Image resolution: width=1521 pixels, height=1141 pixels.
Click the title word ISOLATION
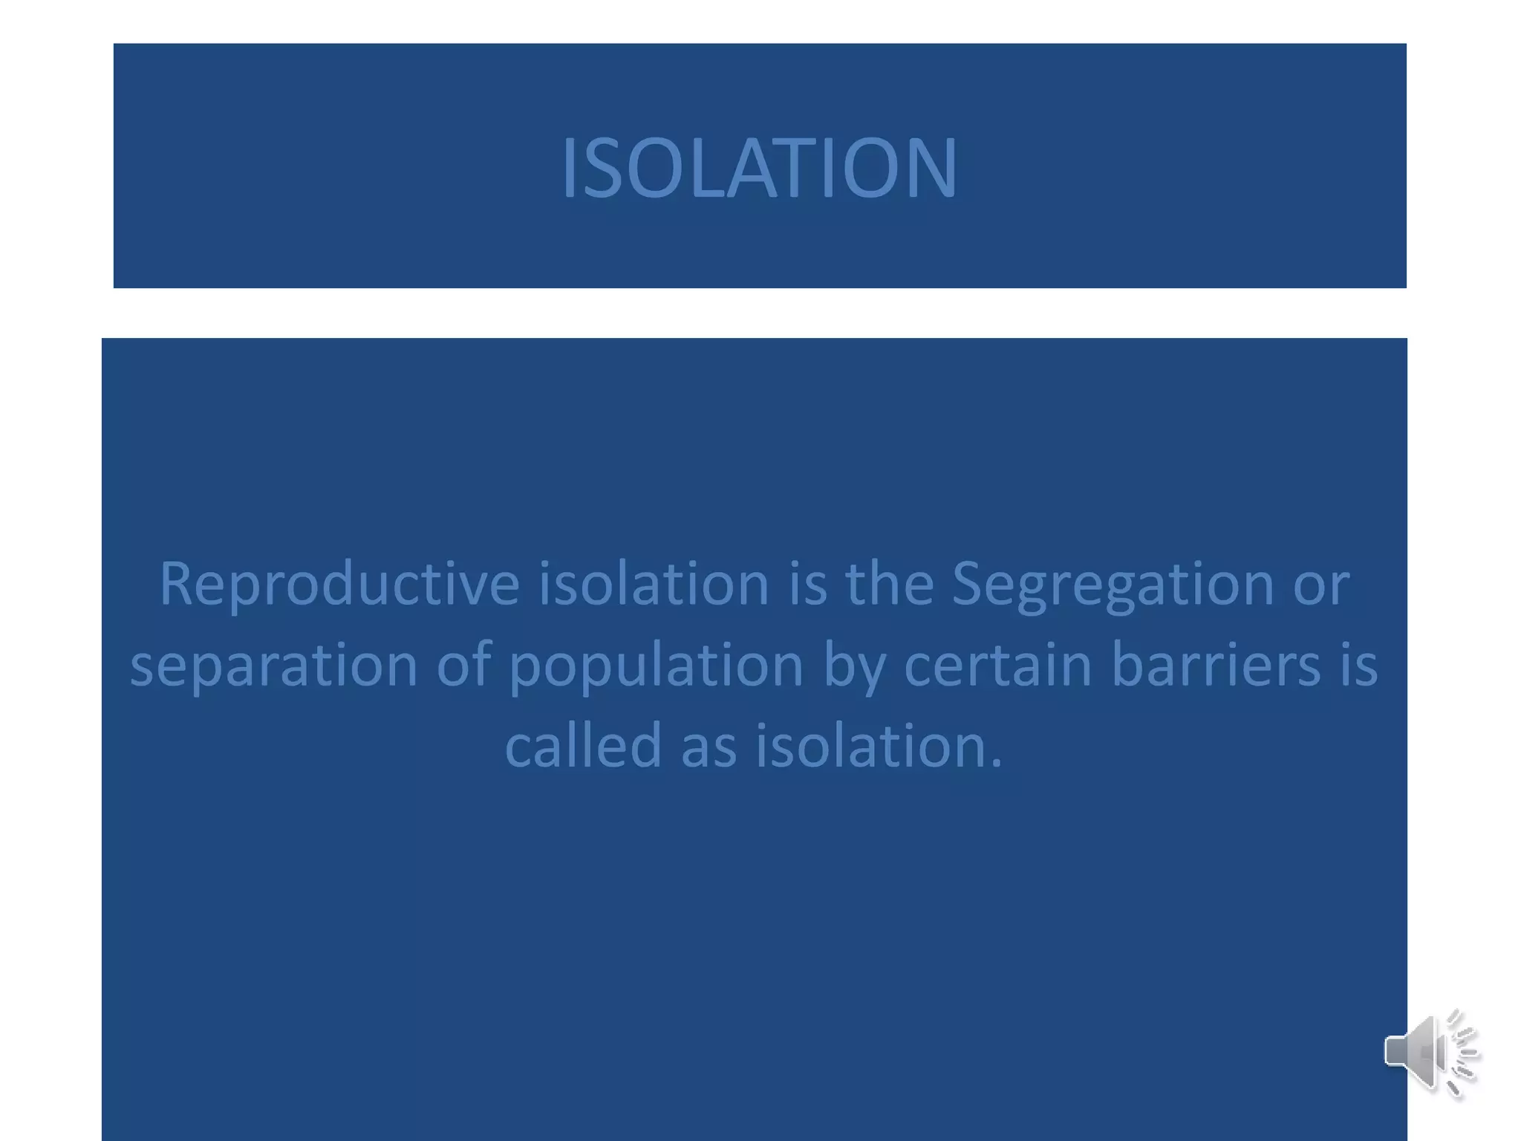(x=759, y=169)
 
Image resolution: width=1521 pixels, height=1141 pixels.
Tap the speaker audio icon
(x=1430, y=1053)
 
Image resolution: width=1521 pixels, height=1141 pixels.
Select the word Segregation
(x=1113, y=584)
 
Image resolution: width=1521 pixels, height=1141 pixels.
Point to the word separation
(x=273, y=665)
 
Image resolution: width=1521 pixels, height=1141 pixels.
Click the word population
(x=656, y=665)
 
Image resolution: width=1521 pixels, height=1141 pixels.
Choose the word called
(x=583, y=745)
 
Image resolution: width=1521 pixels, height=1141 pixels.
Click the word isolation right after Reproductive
(x=654, y=584)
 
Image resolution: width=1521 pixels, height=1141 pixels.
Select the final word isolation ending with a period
(x=879, y=745)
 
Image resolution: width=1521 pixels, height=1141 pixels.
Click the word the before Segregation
(x=889, y=584)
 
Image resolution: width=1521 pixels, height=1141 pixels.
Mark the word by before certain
(x=854, y=665)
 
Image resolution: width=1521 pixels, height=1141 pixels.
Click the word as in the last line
(x=709, y=747)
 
